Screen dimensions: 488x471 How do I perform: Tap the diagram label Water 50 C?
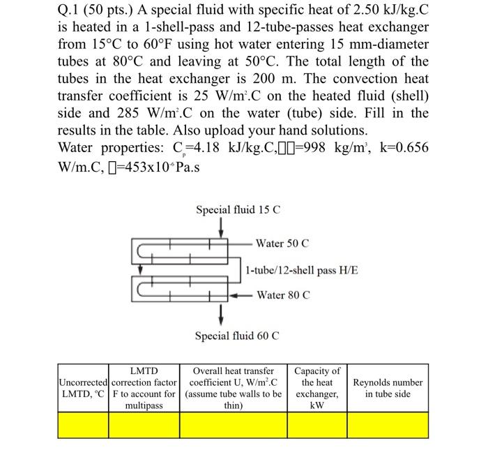[282, 244]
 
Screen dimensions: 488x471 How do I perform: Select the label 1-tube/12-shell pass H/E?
[303, 269]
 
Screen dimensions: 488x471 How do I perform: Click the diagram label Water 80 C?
[283, 295]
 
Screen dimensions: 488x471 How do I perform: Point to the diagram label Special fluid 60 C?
[238, 336]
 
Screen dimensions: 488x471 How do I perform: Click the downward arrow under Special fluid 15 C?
[221, 227]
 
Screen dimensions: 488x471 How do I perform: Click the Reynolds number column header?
[388, 388]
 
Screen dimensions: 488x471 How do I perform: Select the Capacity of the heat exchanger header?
[317, 388]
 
